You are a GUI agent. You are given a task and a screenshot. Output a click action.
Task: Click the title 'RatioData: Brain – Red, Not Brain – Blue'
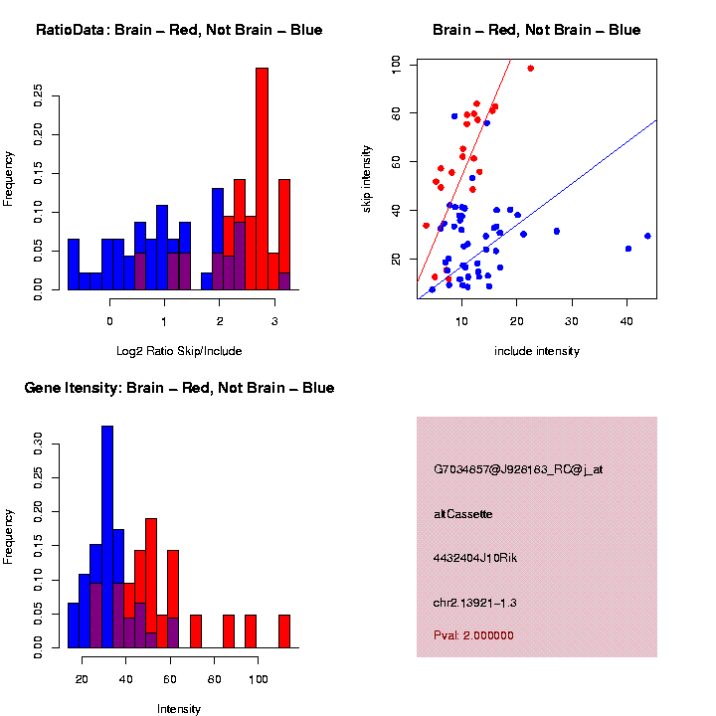coord(179,30)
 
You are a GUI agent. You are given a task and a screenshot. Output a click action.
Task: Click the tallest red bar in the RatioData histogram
coord(263,179)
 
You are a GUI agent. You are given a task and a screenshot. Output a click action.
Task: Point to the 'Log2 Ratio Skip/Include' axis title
coord(179,350)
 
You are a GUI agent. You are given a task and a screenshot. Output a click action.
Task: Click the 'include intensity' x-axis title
coord(537,350)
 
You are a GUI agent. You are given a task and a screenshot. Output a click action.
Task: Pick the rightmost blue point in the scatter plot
coord(647,236)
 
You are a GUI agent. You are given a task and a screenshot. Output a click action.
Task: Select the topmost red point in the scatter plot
coord(531,69)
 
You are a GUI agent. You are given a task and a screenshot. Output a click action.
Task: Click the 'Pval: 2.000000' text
coord(473,634)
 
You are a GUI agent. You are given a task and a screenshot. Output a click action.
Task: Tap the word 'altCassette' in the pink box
coord(463,514)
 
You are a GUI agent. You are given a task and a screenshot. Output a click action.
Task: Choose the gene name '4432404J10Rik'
coord(475,558)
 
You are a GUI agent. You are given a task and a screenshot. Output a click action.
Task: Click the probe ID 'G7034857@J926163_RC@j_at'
coord(518,469)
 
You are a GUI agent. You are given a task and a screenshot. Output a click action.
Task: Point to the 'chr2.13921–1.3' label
coord(475,603)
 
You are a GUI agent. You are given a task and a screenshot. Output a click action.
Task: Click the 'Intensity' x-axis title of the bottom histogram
coord(179,708)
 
